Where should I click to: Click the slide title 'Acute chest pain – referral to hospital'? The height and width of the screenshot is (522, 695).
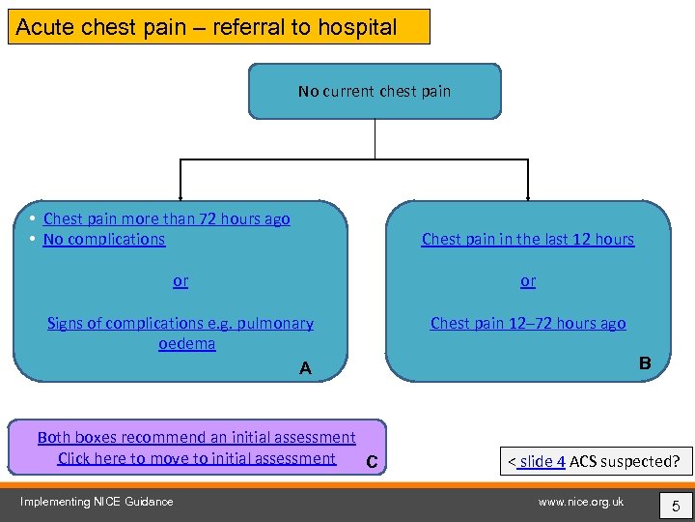[x=207, y=27]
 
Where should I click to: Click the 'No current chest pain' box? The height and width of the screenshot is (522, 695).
[x=375, y=92]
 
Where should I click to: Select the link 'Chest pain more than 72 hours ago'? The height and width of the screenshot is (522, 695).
[x=166, y=218]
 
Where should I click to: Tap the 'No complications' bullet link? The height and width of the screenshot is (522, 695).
[x=104, y=239]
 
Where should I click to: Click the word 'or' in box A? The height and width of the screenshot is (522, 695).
[x=181, y=281]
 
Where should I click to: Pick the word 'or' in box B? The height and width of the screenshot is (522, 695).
[x=528, y=281]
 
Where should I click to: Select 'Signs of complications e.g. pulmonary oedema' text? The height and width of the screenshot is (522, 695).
[x=181, y=333]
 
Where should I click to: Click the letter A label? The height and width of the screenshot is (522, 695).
[x=305, y=368]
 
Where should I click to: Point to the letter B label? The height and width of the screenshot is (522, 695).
[x=645, y=363]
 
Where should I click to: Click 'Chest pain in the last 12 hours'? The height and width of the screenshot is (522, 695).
[x=528, y=239]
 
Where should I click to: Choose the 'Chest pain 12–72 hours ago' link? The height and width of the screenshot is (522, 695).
[x=528, y=323]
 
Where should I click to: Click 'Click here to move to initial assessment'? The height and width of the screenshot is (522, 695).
[x=197, y=458]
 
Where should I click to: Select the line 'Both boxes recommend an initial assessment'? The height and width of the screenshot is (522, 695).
[x=197, y=438]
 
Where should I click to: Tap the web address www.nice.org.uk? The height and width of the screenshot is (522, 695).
[x=581, y=501]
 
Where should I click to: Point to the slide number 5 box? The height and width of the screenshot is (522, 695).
[x=675, y=504]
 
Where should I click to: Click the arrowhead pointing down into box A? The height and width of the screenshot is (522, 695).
[x=180, y=193]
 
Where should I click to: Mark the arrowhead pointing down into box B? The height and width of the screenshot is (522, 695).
[x=528, y=193]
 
